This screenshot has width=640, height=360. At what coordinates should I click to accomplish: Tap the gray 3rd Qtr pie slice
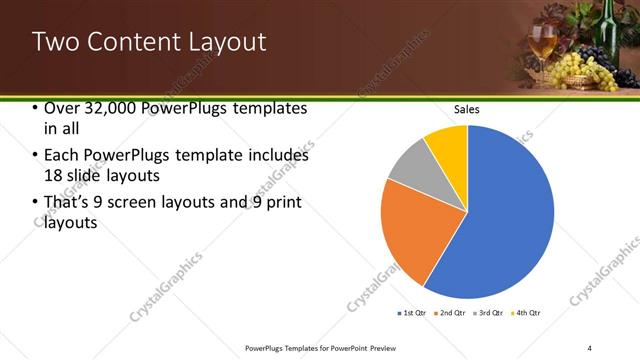pos(409,171)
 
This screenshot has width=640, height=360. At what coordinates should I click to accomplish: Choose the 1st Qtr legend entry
pos(412,314)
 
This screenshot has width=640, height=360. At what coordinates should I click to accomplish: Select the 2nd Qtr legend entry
pos(451,314)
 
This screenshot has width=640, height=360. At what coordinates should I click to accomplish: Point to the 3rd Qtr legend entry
pos(489,314)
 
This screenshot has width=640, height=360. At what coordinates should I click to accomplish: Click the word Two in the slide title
pos(52,42)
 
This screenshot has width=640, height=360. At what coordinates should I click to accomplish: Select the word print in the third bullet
pos(284,203)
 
